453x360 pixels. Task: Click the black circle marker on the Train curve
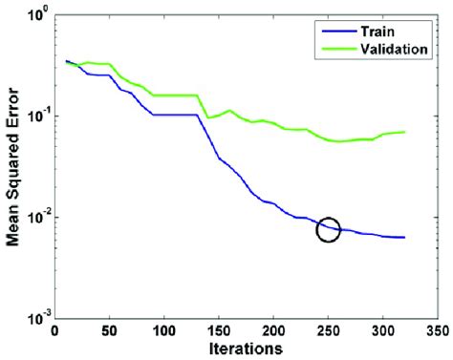pyautogui.click(x=328, y=230)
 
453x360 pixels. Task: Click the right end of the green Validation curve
pyautogui.click(x=404, y=132)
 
